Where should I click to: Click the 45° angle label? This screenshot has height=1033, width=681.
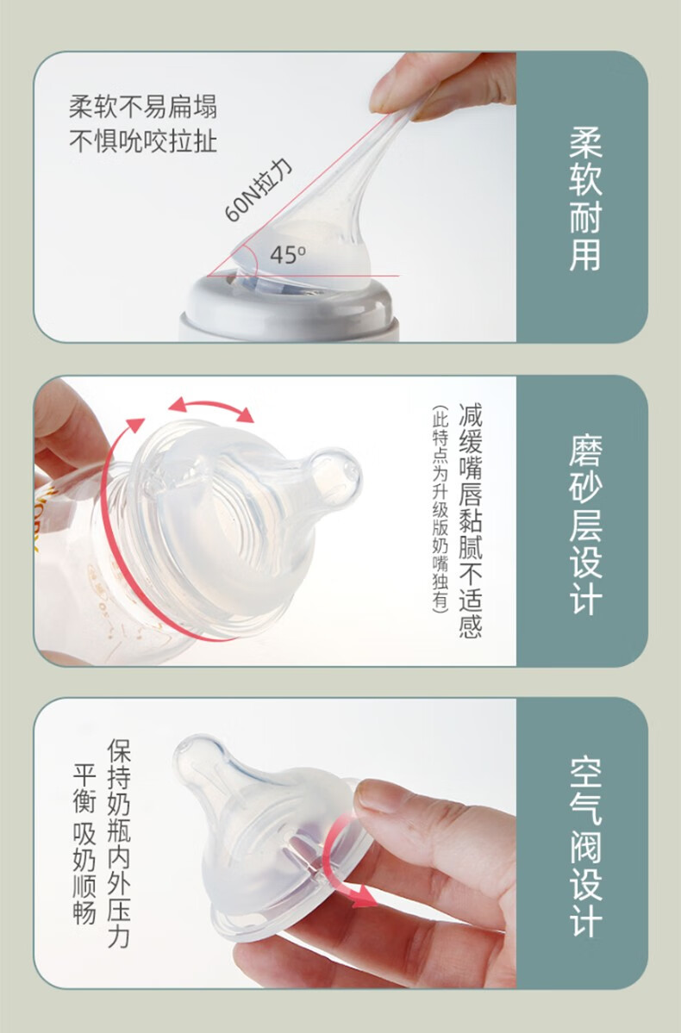[x=287, y=254]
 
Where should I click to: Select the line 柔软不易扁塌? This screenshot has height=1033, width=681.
[x=143, y=107]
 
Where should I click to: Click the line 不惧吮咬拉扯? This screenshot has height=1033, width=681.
[x=143, y=141]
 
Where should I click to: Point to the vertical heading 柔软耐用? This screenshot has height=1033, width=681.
[x=585, y=199]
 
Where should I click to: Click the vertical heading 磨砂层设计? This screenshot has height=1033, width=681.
[x=585, y=525]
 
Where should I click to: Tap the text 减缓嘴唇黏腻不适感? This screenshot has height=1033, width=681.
[x=471, y=520]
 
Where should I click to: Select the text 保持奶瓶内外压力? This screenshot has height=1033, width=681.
[x=119, y=844]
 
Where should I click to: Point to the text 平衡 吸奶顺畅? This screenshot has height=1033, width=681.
[x=84, y=844]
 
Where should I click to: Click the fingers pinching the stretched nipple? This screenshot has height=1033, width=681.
[x=441, y=85]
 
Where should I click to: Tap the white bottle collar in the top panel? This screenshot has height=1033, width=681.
[x=291, y=308]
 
